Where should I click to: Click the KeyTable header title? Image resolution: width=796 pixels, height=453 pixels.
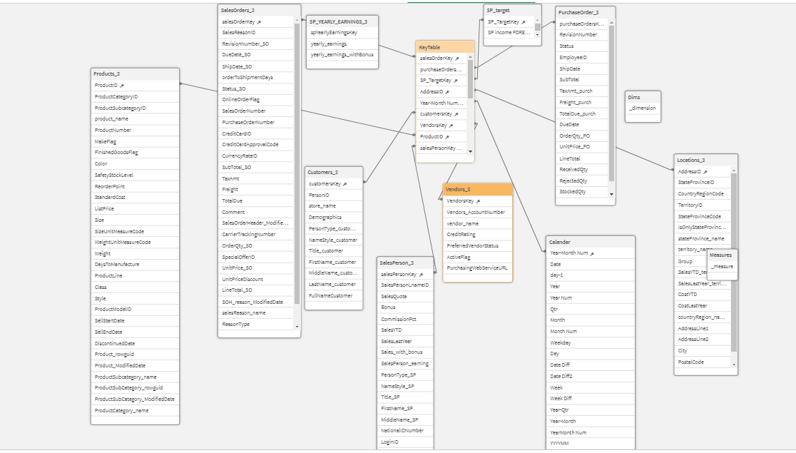point(430,47)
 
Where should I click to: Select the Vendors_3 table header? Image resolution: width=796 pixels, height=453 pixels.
point(458,190)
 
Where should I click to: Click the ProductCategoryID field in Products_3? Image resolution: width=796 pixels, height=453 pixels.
point(116,96)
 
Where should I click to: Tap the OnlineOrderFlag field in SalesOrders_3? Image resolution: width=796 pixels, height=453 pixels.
point(241,100)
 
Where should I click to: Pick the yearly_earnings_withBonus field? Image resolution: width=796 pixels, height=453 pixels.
point(342,55)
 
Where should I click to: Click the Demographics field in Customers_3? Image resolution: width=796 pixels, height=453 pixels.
point(325,218)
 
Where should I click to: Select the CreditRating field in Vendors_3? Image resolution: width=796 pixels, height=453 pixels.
point(461,234)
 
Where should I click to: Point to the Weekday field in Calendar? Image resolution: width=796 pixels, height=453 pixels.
point(560,342)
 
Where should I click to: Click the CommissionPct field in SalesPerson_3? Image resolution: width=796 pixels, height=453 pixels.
point(399,319)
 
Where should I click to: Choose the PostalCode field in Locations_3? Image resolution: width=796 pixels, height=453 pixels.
point(691,362)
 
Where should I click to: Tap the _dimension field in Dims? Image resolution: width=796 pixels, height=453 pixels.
point(643,108)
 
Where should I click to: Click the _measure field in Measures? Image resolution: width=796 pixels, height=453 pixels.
point(722,267)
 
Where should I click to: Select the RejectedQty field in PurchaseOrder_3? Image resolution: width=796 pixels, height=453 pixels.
point(573,180)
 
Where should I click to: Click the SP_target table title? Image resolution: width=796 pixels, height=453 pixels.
point(498,10)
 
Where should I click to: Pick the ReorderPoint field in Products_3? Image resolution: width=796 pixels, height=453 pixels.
point(109,186)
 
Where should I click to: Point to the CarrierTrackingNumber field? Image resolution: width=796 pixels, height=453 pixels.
point(249,234)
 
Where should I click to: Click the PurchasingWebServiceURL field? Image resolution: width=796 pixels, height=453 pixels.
point(477,268)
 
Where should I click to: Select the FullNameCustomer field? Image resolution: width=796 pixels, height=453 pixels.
point(330,295)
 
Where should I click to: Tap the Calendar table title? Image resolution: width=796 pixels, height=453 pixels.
point(559,242)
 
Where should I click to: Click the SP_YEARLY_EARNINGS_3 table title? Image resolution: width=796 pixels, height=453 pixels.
point(338,21)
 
